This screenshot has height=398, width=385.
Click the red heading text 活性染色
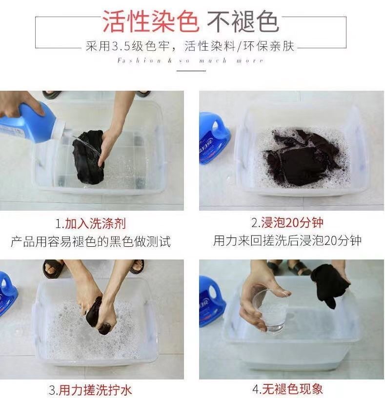point(150,22)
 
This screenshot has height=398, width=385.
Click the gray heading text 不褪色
point(243,22)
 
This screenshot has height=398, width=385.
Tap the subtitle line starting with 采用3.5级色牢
point(190,46)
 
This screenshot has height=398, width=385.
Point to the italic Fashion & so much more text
point(190,60)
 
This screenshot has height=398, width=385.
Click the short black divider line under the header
point(191,71)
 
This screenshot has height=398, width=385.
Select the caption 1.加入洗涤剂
point(91,223)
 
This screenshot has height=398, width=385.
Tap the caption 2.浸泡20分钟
point(287,222)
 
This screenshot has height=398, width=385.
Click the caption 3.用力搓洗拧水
point(90,390)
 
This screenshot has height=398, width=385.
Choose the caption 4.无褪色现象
point(287,389)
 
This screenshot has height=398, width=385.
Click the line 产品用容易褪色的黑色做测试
point(91,241)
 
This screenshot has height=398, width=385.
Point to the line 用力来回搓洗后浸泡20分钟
point(287,240)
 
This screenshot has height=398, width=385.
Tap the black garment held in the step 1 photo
point(89,157)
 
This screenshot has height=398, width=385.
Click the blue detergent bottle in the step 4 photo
point(212,302)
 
